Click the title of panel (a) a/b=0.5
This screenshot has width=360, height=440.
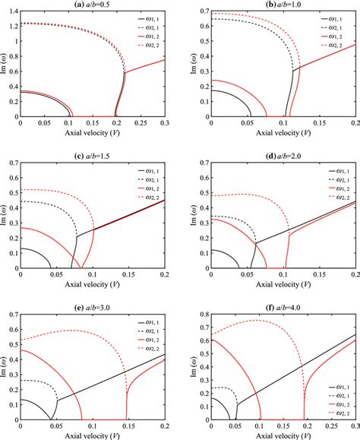90,5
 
